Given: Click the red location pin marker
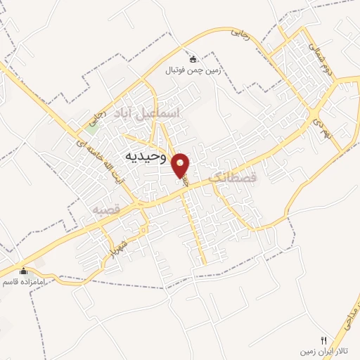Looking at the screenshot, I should [181, 166].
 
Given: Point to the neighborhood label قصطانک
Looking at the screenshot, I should [234, 179].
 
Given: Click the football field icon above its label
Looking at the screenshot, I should [193, 59].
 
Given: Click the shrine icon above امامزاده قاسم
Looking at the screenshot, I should [23, 271].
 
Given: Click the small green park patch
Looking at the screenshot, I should [91, 125].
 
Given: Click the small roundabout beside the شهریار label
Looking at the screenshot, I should [143, 229].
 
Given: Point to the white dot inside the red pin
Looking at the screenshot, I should [181, 162].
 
